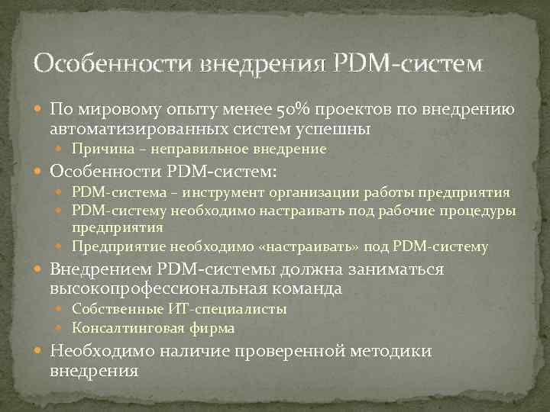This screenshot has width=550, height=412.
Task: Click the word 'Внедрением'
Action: (101, 269)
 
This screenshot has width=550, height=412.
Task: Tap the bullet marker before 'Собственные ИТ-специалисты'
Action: (64, 310)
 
